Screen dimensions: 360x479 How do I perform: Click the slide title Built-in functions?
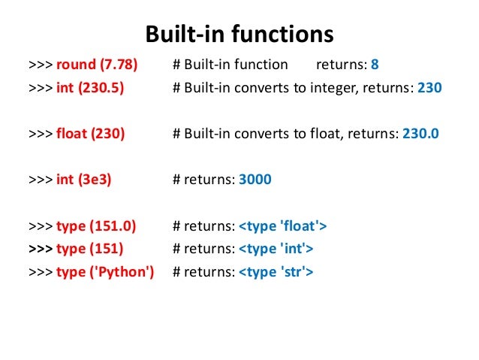tap(239, 35)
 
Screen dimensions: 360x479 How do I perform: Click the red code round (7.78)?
tap(97, 65)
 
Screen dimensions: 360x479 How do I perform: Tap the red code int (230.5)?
tap(90, 87)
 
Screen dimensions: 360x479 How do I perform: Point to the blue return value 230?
tap(429, 87)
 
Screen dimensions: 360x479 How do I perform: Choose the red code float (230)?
tap(90, 134)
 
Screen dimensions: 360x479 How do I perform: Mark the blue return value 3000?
tap(255, 180)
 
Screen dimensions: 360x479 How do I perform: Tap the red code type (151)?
tap(89, 248)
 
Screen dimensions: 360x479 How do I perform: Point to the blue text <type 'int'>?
tap(276, 248)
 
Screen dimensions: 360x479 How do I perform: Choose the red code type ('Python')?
tap(104, 271)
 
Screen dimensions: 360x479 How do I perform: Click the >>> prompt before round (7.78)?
tap(40, 65)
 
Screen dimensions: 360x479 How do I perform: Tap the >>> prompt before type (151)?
tap(40, 248)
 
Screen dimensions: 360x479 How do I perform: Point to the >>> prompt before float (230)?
tap(40, 134)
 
